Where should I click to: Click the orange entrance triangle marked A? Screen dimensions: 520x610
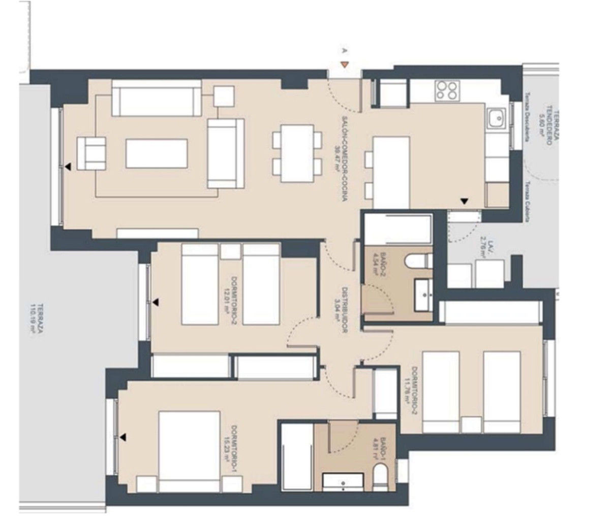click(x=344, y=64)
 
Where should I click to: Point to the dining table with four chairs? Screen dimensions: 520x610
click(x=297, y=153)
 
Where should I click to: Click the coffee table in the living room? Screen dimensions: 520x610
click(x=156, y=153)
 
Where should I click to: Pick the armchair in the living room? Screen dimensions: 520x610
click(x=91, y=153)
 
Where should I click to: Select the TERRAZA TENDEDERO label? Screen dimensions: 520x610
click(x=553, y=127)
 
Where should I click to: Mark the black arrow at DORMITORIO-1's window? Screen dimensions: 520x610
click(x=123, y=437)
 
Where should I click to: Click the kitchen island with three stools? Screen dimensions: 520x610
click(x=391, y=169)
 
